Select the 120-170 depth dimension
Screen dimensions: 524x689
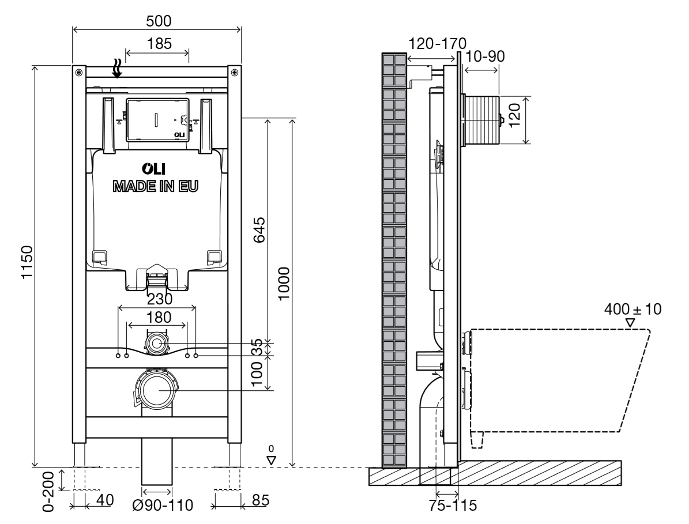pos(438,43)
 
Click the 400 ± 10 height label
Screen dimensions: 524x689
pos(632,309)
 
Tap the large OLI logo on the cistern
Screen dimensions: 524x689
pos(156,169)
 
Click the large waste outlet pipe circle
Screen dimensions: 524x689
pos(156,390)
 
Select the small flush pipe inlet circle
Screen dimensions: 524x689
pos(156,344)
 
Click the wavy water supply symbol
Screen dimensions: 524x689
pos(118,69)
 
